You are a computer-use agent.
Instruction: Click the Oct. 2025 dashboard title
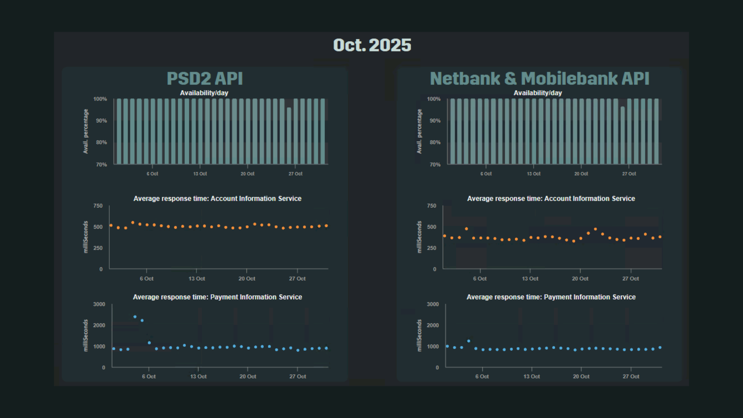tap(372, 45)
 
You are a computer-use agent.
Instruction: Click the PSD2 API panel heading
tap(205, 79)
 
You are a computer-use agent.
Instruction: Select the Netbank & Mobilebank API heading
tap(539, 79)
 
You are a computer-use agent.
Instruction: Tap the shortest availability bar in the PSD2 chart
tap(289, 136)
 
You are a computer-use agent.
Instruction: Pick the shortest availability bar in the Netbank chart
tap(623, 135)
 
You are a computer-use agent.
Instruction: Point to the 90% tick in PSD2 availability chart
tap(101, 121)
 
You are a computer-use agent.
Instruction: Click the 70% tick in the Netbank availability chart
tap(435, 165)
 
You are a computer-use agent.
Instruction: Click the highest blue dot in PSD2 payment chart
tap(135, 317)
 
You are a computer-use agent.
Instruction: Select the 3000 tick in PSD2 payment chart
tap(99, 304)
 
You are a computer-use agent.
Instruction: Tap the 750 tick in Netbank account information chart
tap(432, 206)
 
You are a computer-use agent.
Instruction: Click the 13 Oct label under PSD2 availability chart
tap(200, 174)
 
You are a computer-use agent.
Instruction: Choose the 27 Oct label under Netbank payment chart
tap(631, 377)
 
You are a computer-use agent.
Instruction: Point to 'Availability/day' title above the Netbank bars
tap(538, 93)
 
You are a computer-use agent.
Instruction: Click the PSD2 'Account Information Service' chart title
tap(217, 199)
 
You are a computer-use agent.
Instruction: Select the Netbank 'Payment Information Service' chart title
tap(551, 297)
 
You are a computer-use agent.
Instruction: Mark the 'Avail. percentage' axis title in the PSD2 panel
tap(86, 131)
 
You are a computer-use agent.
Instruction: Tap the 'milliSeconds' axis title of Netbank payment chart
tap(419, 336)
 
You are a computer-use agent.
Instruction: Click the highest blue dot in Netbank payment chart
tap(469, 341)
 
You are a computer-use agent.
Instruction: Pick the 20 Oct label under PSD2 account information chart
tap(247, 279)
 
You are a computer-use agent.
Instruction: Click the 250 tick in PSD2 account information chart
tap(98, 248)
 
